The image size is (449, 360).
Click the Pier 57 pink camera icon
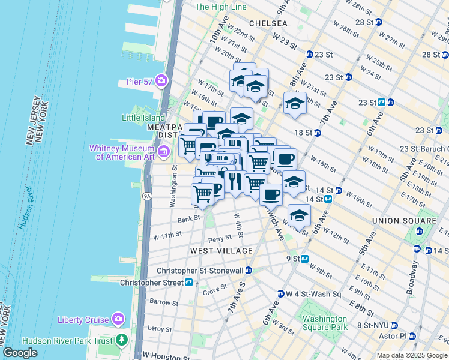[x=161, y=80]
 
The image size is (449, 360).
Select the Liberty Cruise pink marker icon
[x=119, y=318]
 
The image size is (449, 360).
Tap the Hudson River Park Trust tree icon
[x=122, y=341]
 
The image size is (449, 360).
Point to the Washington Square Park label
[x=325, y=323]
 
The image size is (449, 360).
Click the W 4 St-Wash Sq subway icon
[x=280, y=294]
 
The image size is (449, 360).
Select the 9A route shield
[x=146, y=196]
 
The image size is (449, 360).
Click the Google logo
[x=20, y=353]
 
